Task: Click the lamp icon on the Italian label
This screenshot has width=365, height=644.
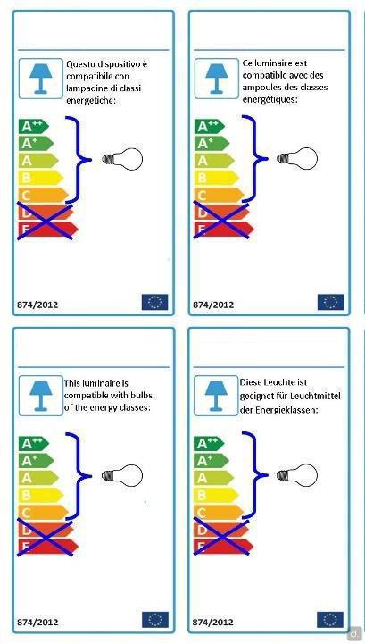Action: coord(41,79)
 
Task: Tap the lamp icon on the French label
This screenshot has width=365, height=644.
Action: coord(216,78)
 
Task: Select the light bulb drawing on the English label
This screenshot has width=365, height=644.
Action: coord(122,475)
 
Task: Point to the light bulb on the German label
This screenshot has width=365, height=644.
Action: coord(297,475)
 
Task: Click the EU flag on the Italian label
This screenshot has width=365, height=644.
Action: coord(154,302)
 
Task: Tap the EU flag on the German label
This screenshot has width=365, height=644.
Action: coord(330,620)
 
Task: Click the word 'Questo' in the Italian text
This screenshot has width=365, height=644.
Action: coord(80,64)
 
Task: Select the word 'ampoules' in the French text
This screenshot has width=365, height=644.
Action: coord(260,88)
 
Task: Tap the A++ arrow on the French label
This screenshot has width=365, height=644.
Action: coord(210,126)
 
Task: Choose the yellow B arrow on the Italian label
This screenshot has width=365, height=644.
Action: coord(41,178)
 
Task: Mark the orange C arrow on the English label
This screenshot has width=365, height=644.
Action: coord(43,513)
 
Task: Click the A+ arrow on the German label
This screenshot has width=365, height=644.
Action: coord(212,460)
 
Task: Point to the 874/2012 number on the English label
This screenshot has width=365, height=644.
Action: coord(37,622)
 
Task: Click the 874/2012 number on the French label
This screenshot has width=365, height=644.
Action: coord(213,305)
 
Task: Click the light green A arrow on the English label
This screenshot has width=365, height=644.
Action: coord(38,478)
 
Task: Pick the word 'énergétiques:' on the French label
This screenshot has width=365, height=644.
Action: coord(270,99)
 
